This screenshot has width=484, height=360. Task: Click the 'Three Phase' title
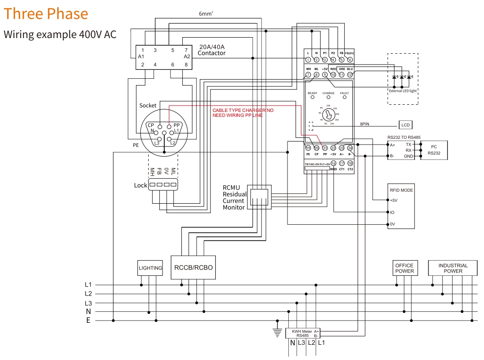[x=46, y=14]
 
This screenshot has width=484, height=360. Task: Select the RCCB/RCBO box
[x=193, y=268]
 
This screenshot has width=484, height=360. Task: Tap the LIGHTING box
[x=150, y=268]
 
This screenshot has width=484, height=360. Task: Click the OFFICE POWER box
[x=404, y=268]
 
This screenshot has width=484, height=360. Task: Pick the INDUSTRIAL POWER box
[x=453, y=268]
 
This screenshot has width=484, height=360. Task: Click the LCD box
[x=406, y=124]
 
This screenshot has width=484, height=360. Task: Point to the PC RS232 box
[x=433, y=150]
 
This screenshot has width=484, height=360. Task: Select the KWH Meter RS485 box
[x=303, y=333]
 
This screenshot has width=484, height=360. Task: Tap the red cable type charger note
[x=243, y=113]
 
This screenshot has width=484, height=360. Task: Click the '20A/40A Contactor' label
[x=211, y=50]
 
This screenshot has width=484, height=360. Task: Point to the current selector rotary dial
[x=328, y=115]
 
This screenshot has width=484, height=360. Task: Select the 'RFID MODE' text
[x=402, y=190]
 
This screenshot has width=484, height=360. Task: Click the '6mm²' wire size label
[x=206, y=14]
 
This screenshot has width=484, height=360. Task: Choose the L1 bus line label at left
[x=88, y=285]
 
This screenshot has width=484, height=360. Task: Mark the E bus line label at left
[x=88, y=321]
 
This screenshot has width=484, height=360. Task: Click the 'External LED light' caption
[x=403, y=90]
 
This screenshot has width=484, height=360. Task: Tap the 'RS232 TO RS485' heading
[x=404, y=137]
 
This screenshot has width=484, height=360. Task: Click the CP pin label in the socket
[x=151, y=125]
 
